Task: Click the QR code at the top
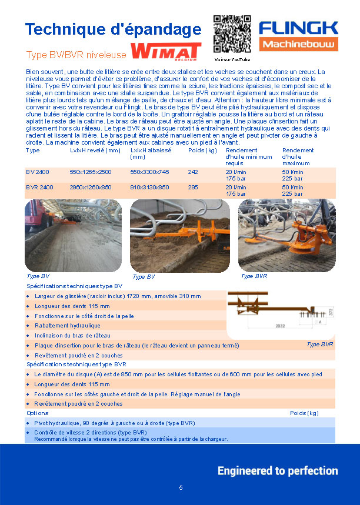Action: (x=232, y=34)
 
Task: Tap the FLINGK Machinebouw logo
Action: (x=299, y=35)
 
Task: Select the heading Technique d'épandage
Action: (x=113, y=29)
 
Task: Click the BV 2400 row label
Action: (x=38, y=172)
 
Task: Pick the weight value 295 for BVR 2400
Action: (x=193, y=187)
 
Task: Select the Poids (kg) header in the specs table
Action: (x=203, y=151)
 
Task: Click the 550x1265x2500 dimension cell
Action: (x=91, y=172)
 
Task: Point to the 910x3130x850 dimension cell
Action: (x=149, y=187)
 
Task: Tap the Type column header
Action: (x=33, y=151)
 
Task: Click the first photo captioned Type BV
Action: (x=73, y=235)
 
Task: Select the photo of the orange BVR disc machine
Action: (x=286, y=235)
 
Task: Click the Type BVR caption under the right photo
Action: (x=254, y=276)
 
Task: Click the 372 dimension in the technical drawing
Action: (x=332, y=312)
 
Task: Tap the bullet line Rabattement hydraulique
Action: (x=68, y=326)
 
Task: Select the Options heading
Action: (x=38, y=413)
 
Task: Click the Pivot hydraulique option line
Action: (x=114, y=423)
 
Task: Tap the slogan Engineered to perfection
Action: (x=278, y=471)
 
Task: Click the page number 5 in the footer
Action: (x=181, y=488)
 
